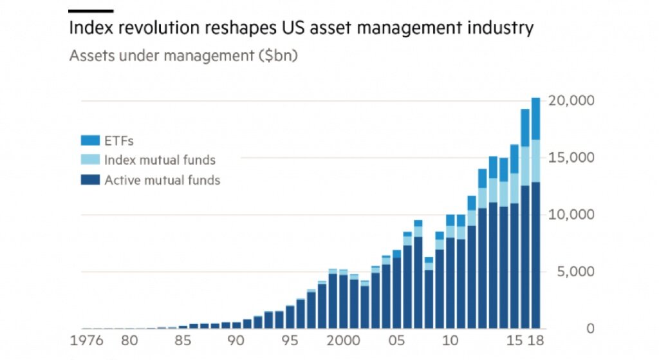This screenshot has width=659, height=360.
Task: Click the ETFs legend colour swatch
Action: pos(90,140)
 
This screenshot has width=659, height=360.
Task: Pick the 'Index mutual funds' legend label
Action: pos(160,160)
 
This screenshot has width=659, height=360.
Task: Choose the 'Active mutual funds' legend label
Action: pos(162,180)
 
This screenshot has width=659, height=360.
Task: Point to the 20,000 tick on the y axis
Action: pos(571,101)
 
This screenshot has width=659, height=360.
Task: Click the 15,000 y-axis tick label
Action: pos(571,158)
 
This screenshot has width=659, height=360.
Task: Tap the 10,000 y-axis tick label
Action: pos(571,214)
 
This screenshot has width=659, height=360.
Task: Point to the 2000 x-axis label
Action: pos(342,340)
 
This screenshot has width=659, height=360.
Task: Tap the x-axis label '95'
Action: pos(290,340)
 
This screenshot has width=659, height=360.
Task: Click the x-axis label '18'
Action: pos(535,340)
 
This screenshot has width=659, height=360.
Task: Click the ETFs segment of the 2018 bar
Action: pos(535,118)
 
